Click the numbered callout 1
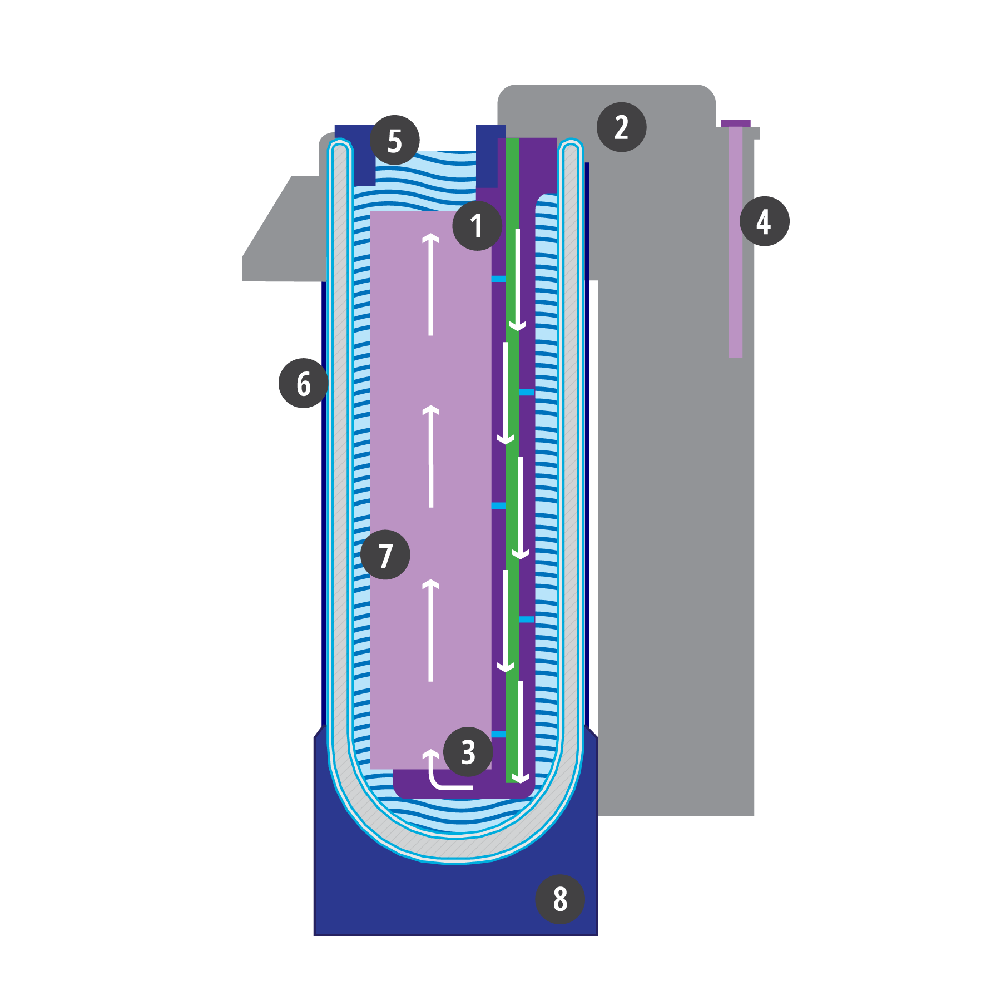pyautogui.click(x=477, y=226)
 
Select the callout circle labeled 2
pyautogui.click(x=621, y=127)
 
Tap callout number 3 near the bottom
pyautogui.click(x=468, y=752)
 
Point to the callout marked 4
pyautogui.click(x=764, y=221)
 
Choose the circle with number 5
pyautogui.click(x=395, y=140)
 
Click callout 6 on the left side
pyautogui.click(x=303, y=383)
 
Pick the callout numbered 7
pyautogui.click(x=385, y=554)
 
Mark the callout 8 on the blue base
pyautogui.click(x=559, y=899)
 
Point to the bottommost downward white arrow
pyautogui.click(x=521, y=731)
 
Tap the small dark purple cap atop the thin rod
pyautogui.click(x=735, y=123)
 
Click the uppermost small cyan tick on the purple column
pyautogui.click(x=499, y=279)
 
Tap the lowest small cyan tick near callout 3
pyautogui.click(x=499, y=734)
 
